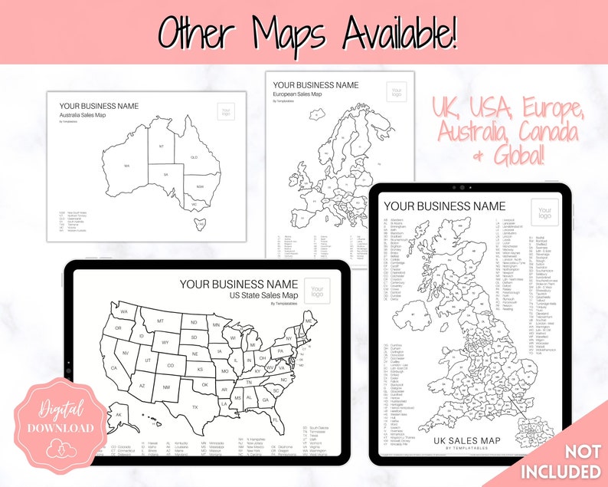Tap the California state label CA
(x=114, y=367)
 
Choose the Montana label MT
(x=161, y=321)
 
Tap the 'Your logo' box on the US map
(x=318, y=291)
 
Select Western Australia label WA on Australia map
(x=126, y=165)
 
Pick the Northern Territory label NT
(x=161, y=146)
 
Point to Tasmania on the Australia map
(x=201, y=224)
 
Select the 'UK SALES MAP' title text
(x=466, y=440)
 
